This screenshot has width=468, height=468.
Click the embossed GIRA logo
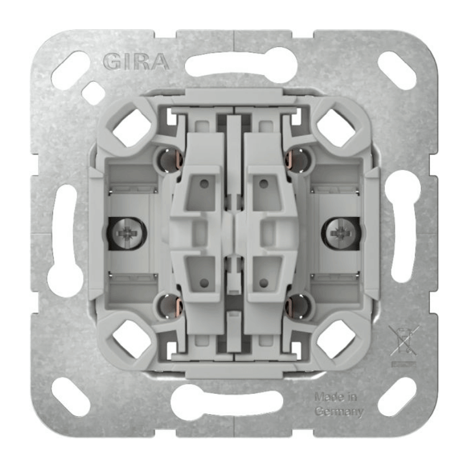point(136,61)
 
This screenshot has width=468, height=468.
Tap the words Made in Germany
point(339,404)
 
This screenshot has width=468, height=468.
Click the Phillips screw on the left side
point(126,233)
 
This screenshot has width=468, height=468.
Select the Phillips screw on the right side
point(340,233)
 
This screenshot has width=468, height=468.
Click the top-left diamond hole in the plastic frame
point(132,127)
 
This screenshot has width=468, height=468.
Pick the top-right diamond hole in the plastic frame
point(335,127)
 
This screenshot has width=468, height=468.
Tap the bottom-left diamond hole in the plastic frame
point(132,339)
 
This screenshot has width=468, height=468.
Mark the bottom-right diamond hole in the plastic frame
point(335,339)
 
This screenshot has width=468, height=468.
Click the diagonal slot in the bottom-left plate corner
point(70,397)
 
